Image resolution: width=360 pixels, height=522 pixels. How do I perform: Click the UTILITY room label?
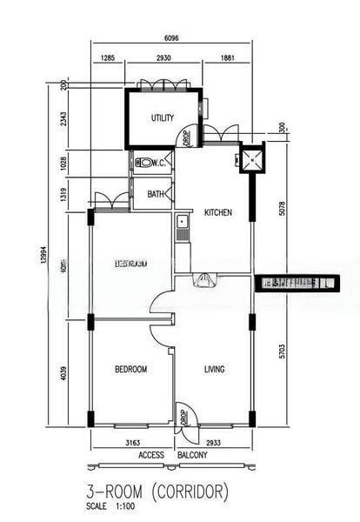point(163,118)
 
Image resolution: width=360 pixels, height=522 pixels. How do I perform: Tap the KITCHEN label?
point(217,212)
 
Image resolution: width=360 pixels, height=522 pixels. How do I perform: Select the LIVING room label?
point(214,370)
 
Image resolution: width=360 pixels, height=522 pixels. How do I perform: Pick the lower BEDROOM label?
point(130,370)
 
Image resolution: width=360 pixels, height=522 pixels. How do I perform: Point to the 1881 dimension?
point(225,58)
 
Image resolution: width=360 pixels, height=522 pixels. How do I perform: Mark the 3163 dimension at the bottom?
point(131,443)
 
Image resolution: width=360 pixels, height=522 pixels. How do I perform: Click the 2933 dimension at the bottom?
point(215,443)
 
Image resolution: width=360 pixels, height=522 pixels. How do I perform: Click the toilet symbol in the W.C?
point(144,161)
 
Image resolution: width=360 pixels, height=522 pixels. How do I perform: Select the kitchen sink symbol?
point(182,229)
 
